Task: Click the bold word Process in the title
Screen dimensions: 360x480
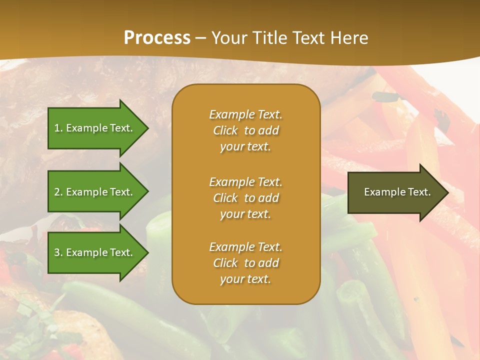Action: [157, 38]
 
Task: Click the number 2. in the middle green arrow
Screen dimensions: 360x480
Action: [58, 192]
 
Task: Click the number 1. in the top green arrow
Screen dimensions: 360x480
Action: [58, 128]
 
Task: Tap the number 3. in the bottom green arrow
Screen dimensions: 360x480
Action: [58, 252]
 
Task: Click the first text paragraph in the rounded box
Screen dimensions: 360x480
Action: [245, 130]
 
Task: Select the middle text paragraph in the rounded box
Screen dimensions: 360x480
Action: [245, 198]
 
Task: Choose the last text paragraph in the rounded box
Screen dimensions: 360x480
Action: [245, 263]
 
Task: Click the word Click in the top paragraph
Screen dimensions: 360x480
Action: [225, 130]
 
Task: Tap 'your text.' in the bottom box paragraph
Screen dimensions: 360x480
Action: [245, 279]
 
